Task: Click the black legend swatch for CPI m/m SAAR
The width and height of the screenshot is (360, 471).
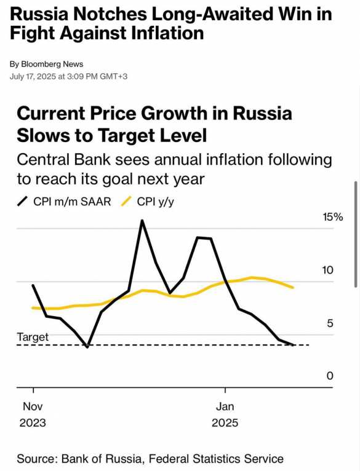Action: coord(23,201)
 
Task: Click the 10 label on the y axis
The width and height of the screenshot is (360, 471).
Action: coord(328,271)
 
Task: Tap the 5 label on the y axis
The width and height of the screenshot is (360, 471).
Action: coord(330,323)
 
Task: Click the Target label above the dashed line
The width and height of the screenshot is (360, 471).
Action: coord(33,337)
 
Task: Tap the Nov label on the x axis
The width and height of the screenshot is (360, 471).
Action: coord(32,406)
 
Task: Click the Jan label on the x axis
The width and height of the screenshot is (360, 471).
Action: coord(225,406)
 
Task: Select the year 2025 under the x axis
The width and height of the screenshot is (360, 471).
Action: coord(225,423)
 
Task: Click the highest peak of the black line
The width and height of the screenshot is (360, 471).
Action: coord(142,221)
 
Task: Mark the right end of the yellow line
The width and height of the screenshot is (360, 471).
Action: coord(293,287)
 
